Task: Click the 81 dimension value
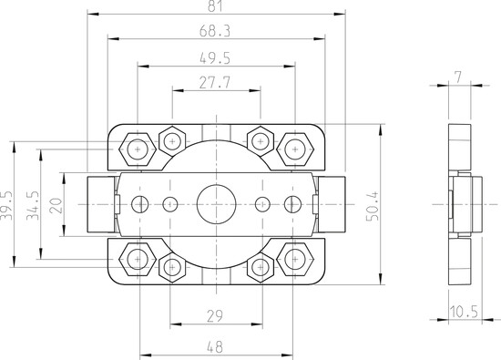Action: pos(214,5)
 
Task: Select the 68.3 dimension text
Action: pos(214,31)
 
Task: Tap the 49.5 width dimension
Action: pos(215,58)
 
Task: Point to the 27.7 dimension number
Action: pos(215,83)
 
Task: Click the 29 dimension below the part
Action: pos(215,316)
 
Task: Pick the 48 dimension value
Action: pos(215,347)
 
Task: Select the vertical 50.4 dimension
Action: pos(373,206)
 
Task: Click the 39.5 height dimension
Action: pos(6,206)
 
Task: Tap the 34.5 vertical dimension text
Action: pos(33,206)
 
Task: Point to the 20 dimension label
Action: pos(56,206)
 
